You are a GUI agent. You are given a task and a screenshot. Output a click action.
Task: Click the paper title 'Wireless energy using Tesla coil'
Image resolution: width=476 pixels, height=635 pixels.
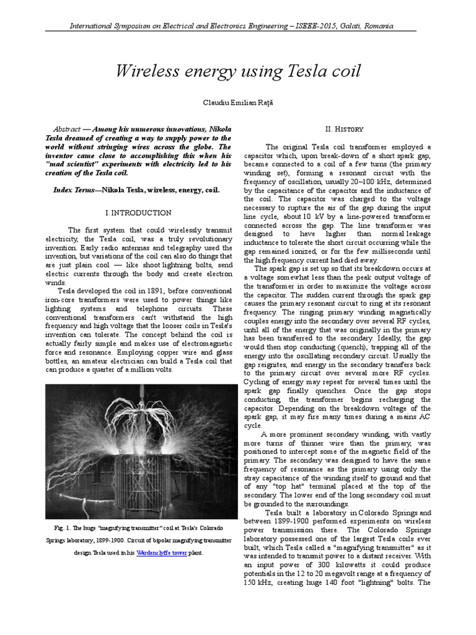point(238,71)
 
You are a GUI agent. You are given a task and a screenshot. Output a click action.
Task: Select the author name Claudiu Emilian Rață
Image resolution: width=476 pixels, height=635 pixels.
point(238,102)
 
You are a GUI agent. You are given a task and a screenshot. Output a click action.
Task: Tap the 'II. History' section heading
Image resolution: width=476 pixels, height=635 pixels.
point(347,128)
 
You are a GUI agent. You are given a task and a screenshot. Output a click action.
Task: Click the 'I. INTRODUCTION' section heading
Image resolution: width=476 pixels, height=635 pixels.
point(138,212)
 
